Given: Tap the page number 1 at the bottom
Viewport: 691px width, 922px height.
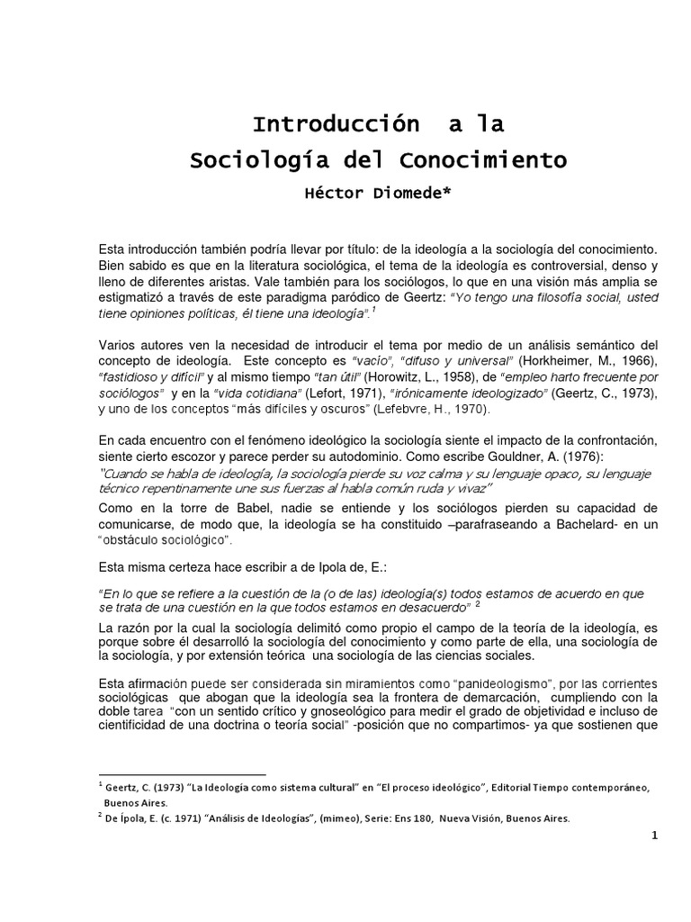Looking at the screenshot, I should point(656,835).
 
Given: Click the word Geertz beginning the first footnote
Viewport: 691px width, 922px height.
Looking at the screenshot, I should point(122,786).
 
